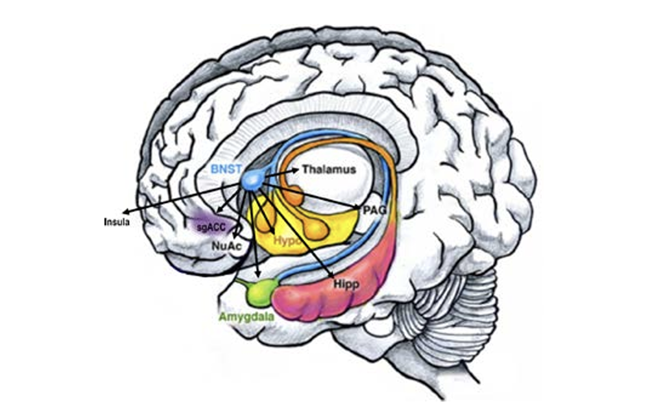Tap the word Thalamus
click(x=329, y=170)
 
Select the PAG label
click(x=375, y=209)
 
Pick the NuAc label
click(x=226, y=246)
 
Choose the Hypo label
click(x=286, y=240)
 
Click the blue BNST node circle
click(x=250, y=182)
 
